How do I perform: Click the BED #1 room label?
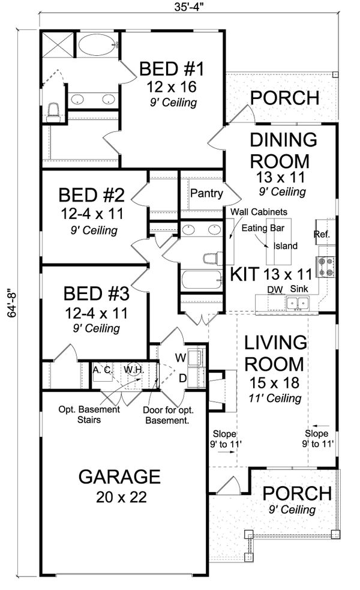tap(172, 69)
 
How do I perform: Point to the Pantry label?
tap(206, 194)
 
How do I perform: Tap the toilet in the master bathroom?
tap(52, 112)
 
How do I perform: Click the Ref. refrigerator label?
tap(322, 233)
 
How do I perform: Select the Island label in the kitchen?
tap(285, 245)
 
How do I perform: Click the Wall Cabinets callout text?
tap(257, 212)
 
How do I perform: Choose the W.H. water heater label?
tap(133, 370)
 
